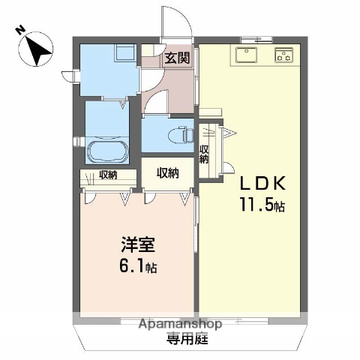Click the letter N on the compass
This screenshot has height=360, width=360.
coord(20,31)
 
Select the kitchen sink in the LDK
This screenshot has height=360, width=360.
coord(247,55)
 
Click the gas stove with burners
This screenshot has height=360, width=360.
coord(284,55)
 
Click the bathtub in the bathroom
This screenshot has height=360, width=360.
coord(108,150)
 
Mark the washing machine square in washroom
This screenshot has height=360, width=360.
coord(124,53)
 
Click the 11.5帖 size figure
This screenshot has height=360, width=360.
coord(262,205)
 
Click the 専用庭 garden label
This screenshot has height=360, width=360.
coord(181,338)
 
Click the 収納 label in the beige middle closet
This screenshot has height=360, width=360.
coord(167,173)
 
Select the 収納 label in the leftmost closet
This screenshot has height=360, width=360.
coord(107,175)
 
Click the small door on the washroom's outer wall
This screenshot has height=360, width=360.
coord(70,75)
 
